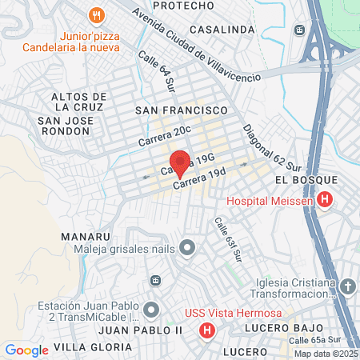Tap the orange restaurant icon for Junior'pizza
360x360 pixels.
(x=97, y=15)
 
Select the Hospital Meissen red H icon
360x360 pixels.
(x=325, y=200)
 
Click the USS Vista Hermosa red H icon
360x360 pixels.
(x=207, y=330)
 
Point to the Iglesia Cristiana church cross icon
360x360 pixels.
(x=347, y=286)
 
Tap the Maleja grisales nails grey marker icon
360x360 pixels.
(x=187, y=247)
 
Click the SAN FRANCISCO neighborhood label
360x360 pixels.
(x=182, y=109)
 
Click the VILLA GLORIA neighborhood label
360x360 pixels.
(x=93, y=346)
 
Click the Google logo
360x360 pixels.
(x=26, y=350)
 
